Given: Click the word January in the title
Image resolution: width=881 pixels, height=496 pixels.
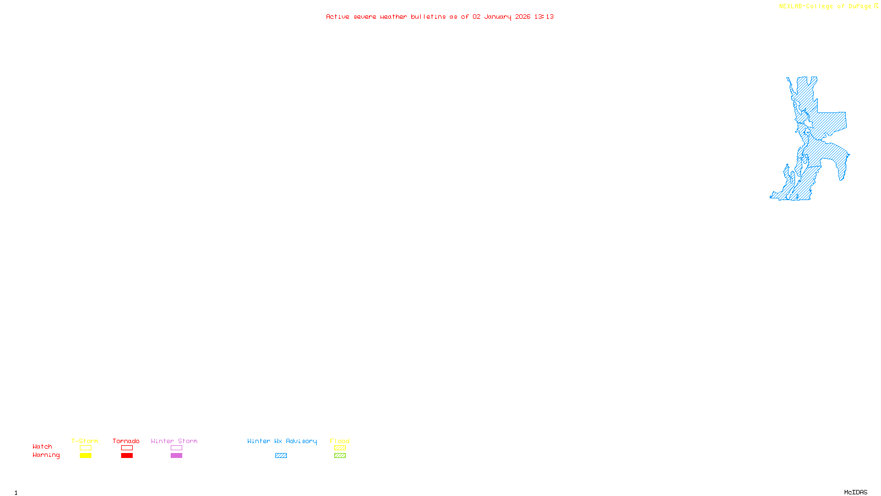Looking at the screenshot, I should tap(498, 17).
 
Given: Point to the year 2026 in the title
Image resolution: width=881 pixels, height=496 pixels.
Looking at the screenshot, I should tap(523, 17).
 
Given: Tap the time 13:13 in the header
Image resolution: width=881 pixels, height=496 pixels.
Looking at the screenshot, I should tap(544, 17).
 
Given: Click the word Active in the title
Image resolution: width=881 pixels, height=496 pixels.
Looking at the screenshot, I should tap(338, 17).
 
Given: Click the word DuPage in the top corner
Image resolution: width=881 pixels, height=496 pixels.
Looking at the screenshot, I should tap(860, 7).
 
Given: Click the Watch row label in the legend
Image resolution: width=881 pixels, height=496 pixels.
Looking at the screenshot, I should tap(42, 447).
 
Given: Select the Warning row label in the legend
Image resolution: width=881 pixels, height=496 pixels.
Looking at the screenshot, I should tap(46, 455).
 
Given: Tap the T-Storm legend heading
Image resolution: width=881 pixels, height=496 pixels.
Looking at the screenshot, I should tap(85, 441).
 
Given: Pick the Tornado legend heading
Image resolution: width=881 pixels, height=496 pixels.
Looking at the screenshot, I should tap(126, 441).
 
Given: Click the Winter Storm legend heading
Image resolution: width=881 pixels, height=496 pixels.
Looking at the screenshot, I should tap(174, 441).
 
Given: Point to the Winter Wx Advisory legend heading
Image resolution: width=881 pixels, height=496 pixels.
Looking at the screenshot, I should tap(282, 441).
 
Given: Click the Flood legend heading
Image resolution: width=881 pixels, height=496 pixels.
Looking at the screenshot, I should tap(340, 441).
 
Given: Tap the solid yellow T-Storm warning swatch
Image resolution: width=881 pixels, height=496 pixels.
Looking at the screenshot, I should tap(85, 456).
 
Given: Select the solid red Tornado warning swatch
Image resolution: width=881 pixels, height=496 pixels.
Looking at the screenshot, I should tap(127, 456).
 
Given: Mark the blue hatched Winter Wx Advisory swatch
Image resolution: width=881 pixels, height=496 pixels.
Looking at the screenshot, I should tap(281, 456).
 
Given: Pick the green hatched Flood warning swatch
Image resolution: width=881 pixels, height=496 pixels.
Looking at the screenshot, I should tap(340, 456).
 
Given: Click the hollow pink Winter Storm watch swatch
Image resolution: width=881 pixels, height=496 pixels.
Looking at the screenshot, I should tap(176, 448).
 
